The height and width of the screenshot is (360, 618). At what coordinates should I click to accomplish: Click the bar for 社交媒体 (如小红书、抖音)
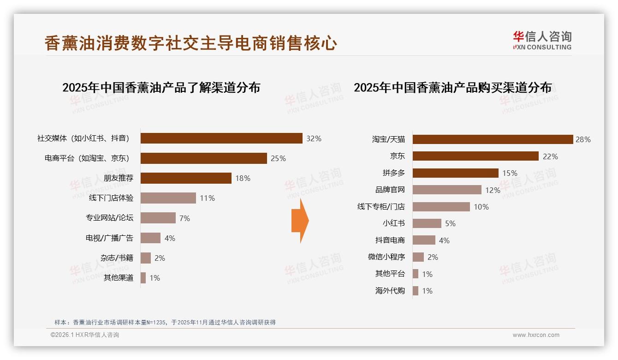point(221,138)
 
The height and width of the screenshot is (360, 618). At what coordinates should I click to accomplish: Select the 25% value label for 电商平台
point(278,158)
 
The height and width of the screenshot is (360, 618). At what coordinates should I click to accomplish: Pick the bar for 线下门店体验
point(168,198)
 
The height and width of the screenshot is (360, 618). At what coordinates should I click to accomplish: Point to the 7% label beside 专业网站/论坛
point(184,218)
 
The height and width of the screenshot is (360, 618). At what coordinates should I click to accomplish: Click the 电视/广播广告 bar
point(150,238)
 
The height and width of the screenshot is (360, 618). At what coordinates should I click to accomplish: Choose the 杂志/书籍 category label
point(117,258)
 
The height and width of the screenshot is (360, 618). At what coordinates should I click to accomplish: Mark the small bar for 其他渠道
point(143,278)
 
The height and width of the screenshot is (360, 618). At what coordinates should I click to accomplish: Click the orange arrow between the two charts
point(300,221)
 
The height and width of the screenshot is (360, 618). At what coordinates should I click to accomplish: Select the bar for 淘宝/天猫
point(493,139)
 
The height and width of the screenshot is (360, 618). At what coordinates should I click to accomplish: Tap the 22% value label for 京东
point(550,156)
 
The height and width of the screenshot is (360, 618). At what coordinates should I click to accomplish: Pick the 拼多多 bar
point(455,173)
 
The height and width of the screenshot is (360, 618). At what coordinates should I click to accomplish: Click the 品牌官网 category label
point(390,190)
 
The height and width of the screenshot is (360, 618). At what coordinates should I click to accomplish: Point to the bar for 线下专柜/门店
point(441,207)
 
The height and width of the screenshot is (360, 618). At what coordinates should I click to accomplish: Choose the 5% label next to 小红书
point(450,223)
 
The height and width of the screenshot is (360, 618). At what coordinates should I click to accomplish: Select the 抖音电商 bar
point(424,240)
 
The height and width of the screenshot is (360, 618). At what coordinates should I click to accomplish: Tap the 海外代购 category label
point(390,291)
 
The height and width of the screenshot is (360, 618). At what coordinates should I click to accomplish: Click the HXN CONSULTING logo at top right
point(542,40)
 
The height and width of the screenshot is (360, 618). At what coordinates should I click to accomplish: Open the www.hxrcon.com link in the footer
point(536,335)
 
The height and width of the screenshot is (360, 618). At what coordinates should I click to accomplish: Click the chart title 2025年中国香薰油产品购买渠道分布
point(452,88)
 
